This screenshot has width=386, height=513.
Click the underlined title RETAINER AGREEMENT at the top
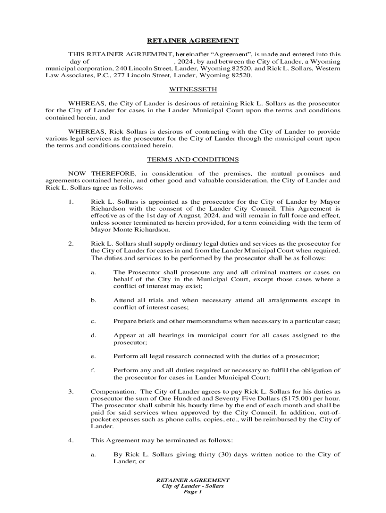(193, 41)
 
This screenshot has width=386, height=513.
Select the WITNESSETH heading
(193, 89)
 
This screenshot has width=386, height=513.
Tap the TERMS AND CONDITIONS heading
(193, 160)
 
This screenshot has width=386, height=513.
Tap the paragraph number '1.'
(71, 202)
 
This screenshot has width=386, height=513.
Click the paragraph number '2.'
(71, 244)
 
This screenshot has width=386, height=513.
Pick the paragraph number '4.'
(71, 440)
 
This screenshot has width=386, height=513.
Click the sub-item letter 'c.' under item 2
(93, 321)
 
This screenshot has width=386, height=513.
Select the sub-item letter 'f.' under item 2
(93, 370)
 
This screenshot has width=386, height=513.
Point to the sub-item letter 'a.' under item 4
(93, 454)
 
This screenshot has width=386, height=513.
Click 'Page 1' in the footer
(193, 493)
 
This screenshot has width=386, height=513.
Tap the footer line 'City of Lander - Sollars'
(193, 486)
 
